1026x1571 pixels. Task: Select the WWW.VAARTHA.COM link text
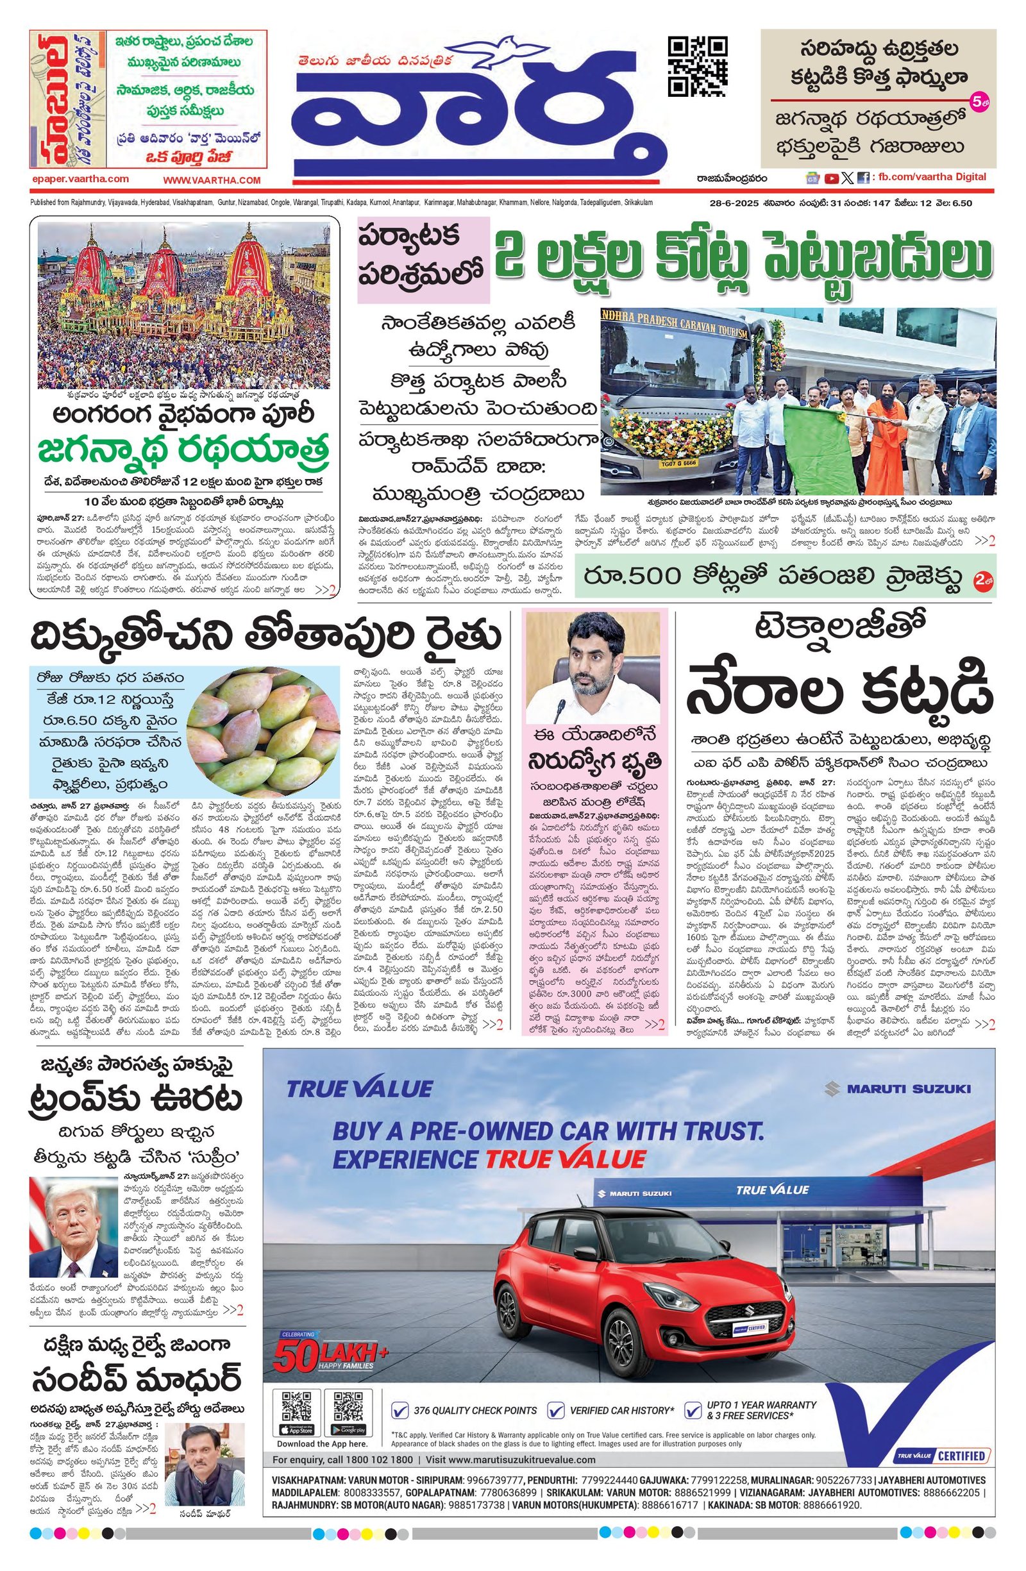pyautogui.click(x=212, y=180)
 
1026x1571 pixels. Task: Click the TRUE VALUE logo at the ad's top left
pyautogui.click(x=359, y=1088)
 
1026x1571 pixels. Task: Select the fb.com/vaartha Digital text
pyautogui.click(x=930, y=177)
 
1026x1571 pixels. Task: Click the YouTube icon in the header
pyautogui.click(x=831, y=178)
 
